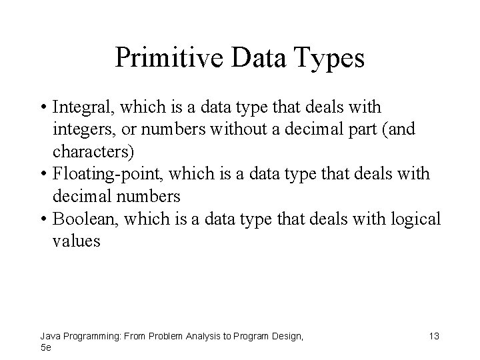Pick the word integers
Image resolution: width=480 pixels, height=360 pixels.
click(x=80, y=129)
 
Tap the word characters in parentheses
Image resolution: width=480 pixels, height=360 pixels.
click(x=93, y=151)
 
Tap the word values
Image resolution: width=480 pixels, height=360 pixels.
click(x=76, y=241)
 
